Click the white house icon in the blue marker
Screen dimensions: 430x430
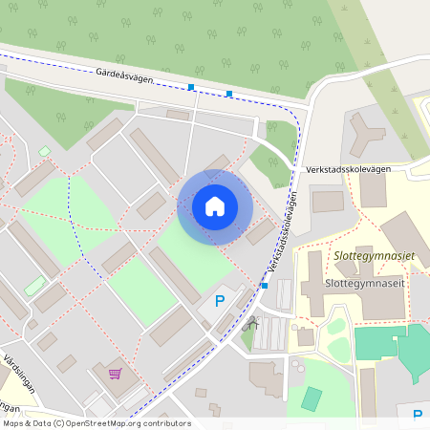[214, 205]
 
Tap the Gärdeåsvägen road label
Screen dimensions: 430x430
[124, 76]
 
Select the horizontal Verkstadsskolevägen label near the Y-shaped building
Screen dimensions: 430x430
[349, 169]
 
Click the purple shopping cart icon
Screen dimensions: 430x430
[115, 374]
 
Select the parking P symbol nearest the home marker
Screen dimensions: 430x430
[219, 301]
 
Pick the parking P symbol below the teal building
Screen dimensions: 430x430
[418, 415]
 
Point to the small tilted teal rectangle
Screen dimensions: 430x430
[312, 398]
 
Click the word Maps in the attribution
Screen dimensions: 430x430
[15, 423]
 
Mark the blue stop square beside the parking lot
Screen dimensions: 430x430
[264, 285]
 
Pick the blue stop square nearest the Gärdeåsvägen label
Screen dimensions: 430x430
[191, 88]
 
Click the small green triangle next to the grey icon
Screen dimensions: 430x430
[247, 336]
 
